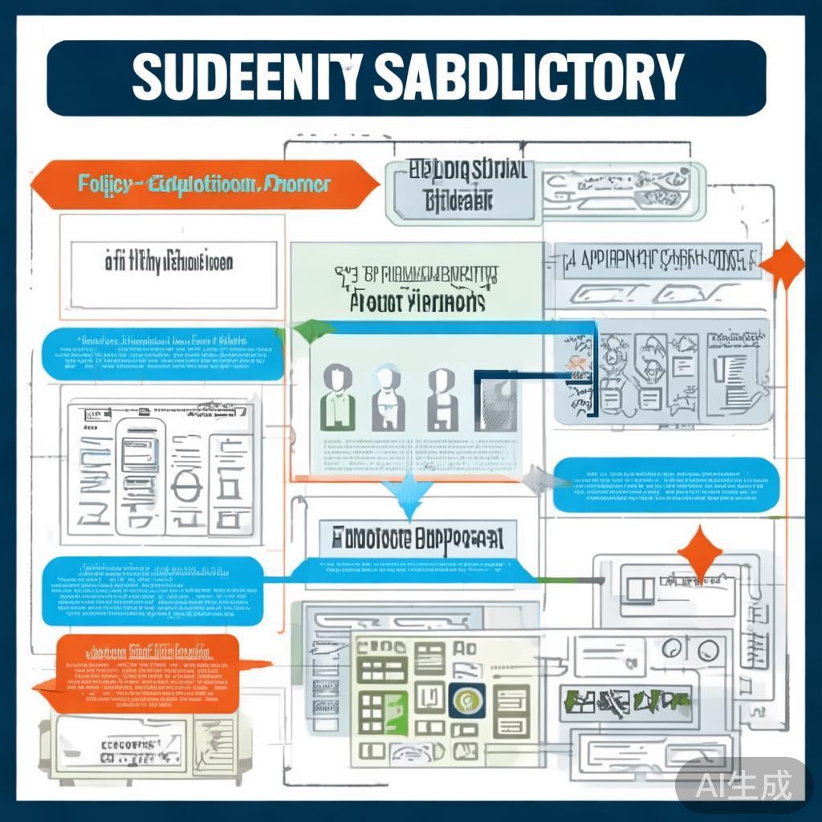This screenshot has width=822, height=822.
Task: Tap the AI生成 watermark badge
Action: point(743,783)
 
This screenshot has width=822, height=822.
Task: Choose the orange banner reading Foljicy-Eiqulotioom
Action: point(204,185)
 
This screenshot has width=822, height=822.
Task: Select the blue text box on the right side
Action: point(666,485)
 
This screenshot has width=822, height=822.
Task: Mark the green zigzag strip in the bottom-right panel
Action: point(626,702)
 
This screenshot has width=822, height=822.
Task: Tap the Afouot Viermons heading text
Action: point(417,303)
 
